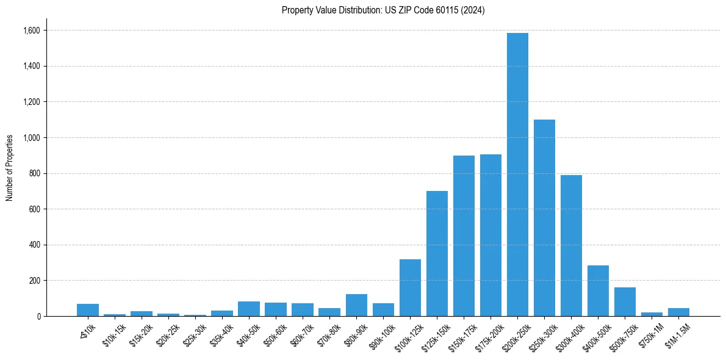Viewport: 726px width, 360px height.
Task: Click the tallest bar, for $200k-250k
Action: [517, 175]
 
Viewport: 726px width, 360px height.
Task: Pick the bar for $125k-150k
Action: [437, 253]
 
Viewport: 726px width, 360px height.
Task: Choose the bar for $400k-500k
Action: [598, 290]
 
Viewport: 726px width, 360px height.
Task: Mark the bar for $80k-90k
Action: [356, 305]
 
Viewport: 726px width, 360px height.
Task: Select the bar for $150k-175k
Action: [464, 236]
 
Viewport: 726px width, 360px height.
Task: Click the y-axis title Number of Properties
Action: [10, 167]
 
